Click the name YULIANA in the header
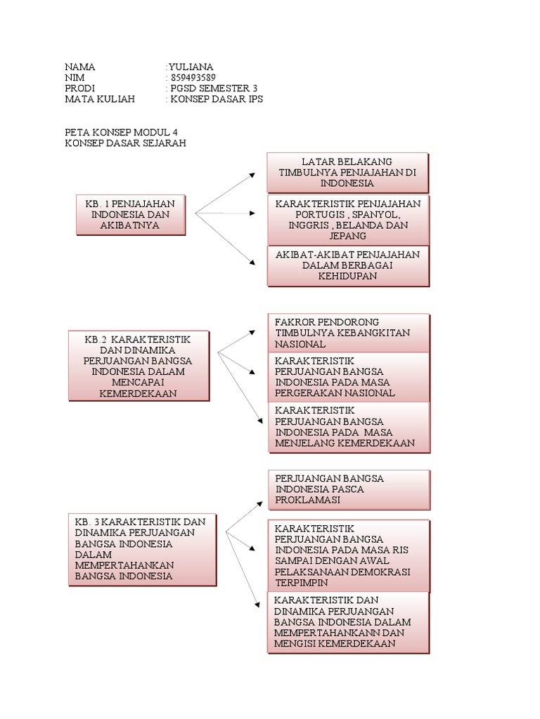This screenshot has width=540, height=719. click(191, 67)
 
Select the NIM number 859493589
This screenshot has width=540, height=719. click(193, 77)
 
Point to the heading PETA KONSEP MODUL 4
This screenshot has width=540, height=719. click(126, 132)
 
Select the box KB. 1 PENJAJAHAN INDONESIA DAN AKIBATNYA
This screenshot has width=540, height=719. click(130, 214)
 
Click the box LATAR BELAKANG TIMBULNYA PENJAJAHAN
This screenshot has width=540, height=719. click(347, 173)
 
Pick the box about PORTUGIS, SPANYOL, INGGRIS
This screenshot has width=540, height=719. click(348, 220)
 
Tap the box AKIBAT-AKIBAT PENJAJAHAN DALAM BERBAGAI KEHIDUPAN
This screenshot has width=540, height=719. click(348, 265)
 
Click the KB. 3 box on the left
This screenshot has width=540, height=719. click(143, 549)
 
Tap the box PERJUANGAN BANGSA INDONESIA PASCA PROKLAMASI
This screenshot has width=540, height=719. click(348, 489)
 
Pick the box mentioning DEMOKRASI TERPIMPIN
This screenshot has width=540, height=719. click(348, 555)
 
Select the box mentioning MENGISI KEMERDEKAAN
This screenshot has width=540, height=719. click(348, 623)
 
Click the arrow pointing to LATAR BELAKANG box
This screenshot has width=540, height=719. click(226, 192)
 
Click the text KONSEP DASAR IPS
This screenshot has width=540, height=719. click(216, 100)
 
